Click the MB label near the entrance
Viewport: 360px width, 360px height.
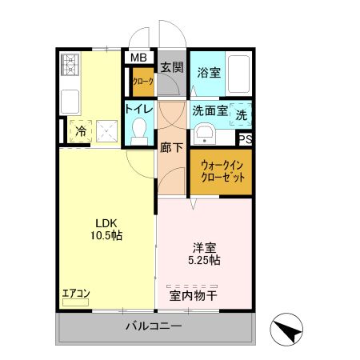138,58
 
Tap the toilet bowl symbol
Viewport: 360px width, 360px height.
141,128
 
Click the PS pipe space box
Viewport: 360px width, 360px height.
246,139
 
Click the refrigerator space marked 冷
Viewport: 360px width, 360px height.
80,130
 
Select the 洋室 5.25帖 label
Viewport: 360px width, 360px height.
206,254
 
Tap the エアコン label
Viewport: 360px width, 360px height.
76,294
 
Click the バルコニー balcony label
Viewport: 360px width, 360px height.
154,326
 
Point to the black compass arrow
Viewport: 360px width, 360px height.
289,330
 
